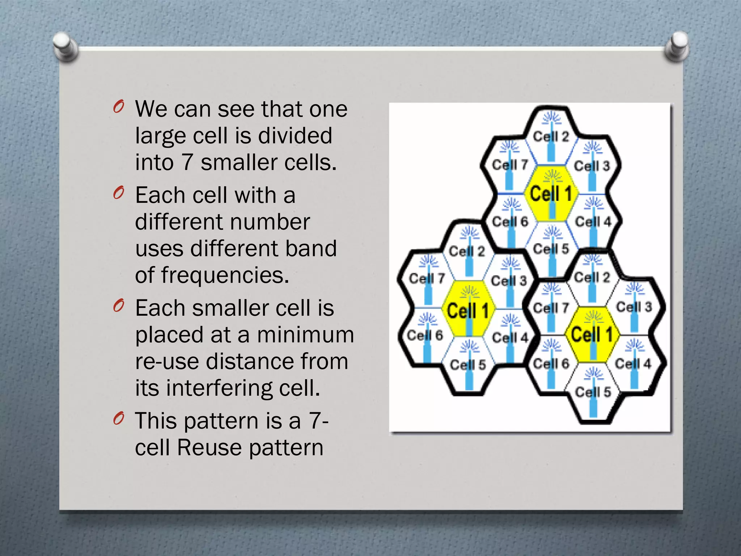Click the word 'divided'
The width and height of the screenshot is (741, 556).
click(x=295, y=136)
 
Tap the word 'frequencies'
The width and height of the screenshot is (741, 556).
click(x=225, y=275)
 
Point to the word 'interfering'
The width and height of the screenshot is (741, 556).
click(x=219, y=388)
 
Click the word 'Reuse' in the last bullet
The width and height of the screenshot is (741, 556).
click(x=209, y=447)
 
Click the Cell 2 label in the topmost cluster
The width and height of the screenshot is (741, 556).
click(x=551, y=136)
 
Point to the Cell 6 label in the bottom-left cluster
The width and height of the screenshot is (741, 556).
click(x=425, y=335)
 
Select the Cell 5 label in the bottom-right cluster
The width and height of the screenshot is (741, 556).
click(x=593, y=392)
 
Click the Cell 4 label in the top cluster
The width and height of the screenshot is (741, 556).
click(x=593, y=221)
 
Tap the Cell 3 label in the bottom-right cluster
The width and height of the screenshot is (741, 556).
click(x=634, y=307)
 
